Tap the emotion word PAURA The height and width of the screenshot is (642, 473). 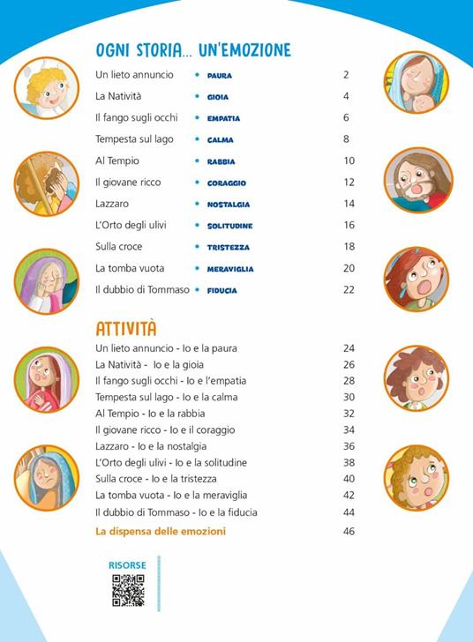click(x=219, y=76)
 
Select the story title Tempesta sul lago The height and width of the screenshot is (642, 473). click(x=134, y=139)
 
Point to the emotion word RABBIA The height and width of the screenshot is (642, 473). click(x=221, y=161)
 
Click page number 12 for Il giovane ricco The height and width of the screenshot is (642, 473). click(x=349, y=183)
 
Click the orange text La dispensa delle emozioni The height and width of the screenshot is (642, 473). click(x=161, y=531)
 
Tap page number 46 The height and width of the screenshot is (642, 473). click(x=349, y=531)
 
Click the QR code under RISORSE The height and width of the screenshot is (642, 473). click(x=128, y=589)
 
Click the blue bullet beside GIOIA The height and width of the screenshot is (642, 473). click(x=197, y=97)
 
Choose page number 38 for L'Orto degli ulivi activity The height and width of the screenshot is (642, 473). click(x=349, y=462)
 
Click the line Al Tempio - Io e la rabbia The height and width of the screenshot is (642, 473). click(x=150, y=414)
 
